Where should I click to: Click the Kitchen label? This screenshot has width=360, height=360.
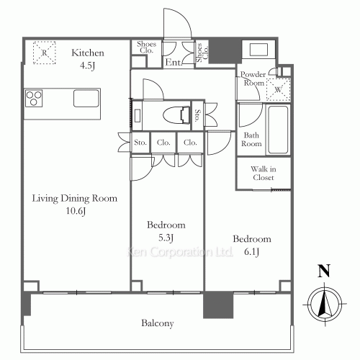point(88,53)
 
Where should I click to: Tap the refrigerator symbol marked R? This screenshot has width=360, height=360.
point(45,53)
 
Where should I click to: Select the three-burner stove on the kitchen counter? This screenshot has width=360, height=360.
point(34,99)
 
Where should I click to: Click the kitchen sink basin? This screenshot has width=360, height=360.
point(86,98)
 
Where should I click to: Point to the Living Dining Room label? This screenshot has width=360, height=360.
point(75,199)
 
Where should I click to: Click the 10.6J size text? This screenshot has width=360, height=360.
point(76,211)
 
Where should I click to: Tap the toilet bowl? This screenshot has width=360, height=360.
point(175,116)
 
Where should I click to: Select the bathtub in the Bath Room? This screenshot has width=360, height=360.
point(278,130)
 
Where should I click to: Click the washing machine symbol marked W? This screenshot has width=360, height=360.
point(279,89)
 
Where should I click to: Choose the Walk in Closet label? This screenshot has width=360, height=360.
point(264,174)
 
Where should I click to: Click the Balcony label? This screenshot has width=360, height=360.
point(158,323)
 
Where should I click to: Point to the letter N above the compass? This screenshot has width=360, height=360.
point(324,271)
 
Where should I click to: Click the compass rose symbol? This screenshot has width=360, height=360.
point(325,304)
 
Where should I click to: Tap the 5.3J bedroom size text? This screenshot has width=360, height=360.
point(166,238)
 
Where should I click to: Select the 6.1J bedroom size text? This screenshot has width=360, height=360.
point(251,252)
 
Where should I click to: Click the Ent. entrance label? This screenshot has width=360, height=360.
point(173,63)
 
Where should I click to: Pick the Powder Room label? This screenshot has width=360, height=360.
point(253,78)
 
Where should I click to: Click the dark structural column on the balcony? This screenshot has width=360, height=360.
point(218,305)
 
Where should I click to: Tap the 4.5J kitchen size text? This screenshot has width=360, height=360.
point(88,66)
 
